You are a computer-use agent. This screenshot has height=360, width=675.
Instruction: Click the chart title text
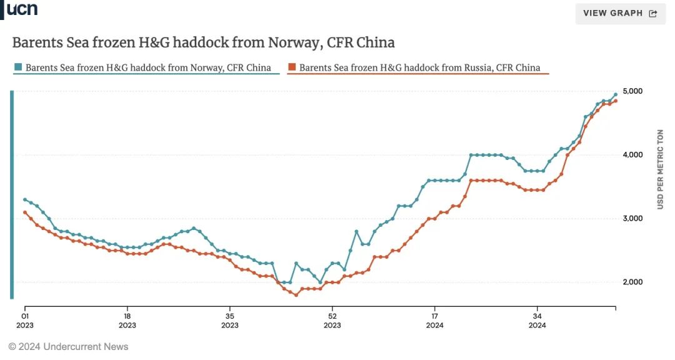[x=203, y=42]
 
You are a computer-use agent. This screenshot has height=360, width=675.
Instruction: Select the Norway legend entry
[x=148, y=67]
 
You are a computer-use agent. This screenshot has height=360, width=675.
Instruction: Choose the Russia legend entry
[x=419, y=67]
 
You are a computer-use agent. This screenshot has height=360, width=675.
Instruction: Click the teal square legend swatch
[x=18, y=67]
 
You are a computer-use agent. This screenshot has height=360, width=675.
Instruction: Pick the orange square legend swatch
[x=292, y=67]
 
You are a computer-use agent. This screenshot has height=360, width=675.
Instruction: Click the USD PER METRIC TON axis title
[x=660, y=169]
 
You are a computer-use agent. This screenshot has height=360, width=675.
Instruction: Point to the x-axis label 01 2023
[x=25, y=320]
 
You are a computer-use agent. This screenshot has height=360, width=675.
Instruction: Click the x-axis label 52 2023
[x=332, y=320]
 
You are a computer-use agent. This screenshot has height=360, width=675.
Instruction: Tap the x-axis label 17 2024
[x=434, y=320]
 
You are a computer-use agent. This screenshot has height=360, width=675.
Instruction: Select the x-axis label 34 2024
[x=537, y=320]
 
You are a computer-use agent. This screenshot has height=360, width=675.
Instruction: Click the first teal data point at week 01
[x=25, y=199]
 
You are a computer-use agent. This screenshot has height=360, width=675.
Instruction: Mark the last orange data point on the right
[x=616, y=101]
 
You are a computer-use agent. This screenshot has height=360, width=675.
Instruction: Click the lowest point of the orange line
[x=296, y=294]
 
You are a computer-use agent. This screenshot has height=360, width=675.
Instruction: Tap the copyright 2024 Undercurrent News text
[x=68, y=346]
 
